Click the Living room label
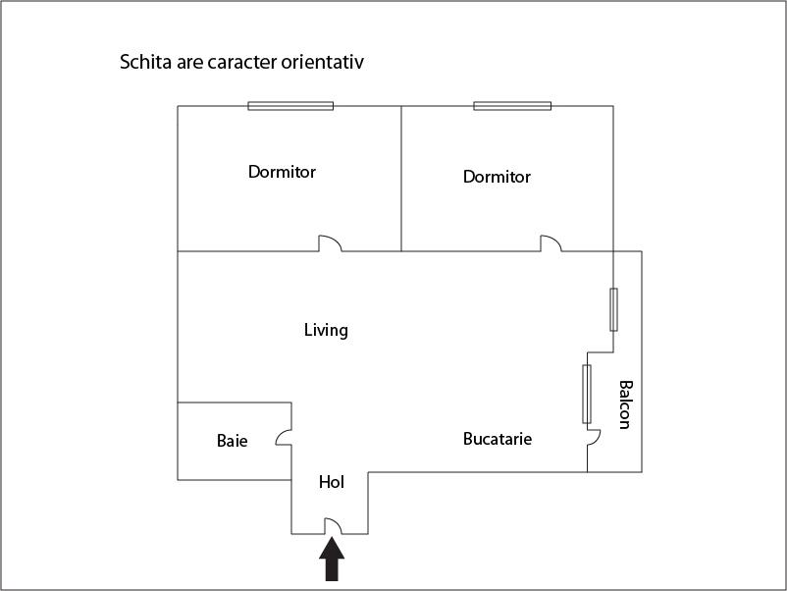pos(326,331)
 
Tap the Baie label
pos(232,441)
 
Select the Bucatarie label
pos(498,439)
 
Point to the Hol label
pos(332,482)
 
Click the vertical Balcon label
pos(625,404)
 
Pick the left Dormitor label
pos(282,172)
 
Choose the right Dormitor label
pos(497,177)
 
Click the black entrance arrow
pos(332,559)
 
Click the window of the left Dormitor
pos(290,106)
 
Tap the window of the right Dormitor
pos(512,106)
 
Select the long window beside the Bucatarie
pos(587,395)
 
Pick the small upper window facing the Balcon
pos(613,310)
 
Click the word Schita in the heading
pos(145,62)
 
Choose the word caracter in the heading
pos(242,63)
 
